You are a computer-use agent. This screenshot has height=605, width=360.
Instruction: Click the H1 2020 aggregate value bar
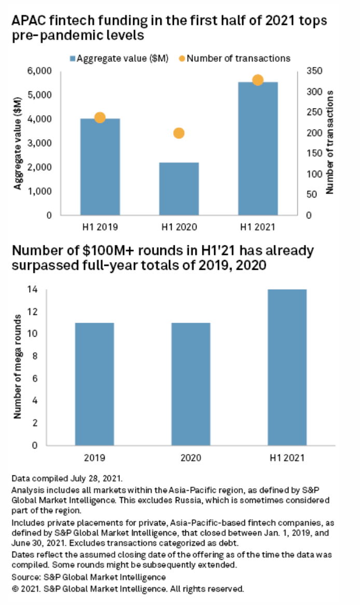pos(179,189)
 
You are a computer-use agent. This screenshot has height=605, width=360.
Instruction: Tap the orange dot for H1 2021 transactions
pos(258,80)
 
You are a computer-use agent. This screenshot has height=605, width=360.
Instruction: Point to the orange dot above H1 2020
pos(179,133)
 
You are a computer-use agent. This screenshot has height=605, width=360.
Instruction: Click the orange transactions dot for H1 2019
pos(100,118)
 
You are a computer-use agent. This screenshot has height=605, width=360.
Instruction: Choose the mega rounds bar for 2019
pos(94,384)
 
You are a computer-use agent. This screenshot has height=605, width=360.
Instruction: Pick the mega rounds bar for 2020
pos(191,384)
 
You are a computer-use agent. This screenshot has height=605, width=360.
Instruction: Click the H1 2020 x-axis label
pos(179,227)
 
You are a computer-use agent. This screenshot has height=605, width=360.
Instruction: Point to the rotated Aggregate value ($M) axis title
pos(18,142)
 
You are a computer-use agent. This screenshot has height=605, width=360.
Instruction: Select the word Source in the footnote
pos(23,577)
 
